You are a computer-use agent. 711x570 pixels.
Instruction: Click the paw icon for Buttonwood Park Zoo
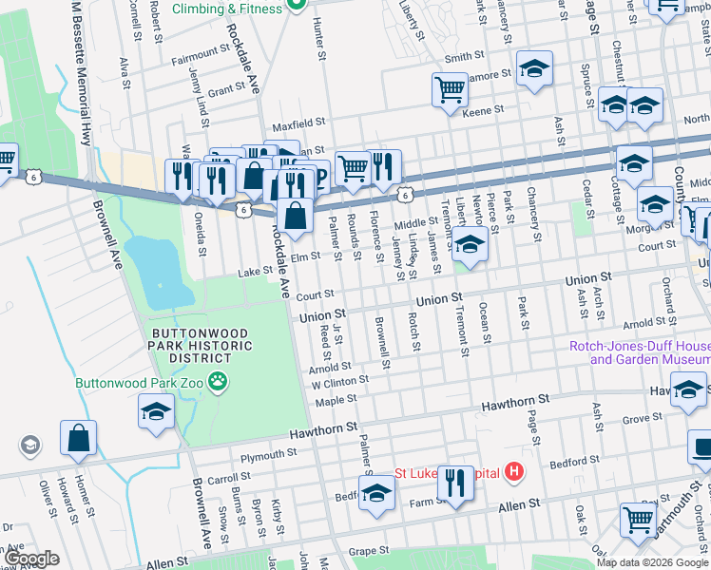click(x=220, y=381)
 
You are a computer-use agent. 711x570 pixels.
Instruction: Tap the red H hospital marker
click(x=514, y=471)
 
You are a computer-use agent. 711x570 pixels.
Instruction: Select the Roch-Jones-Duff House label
click(x=639, y=353)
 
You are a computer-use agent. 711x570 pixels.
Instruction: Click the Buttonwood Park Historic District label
click(x=201, y=346)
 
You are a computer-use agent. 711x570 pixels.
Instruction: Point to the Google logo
click(x=32, y=558)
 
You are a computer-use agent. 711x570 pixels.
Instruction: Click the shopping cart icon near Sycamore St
click(x=450, y=89)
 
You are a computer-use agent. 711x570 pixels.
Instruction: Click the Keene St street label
click(x=483, y=112)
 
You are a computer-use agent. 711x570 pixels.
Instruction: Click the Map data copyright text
click(x=651, y=562)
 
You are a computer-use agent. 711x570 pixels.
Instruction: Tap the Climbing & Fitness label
click(x=227, y=9)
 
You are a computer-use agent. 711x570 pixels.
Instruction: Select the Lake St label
click(x=255, y=272)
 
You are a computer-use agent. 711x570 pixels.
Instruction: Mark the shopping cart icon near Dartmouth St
click(x=638, y=519)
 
